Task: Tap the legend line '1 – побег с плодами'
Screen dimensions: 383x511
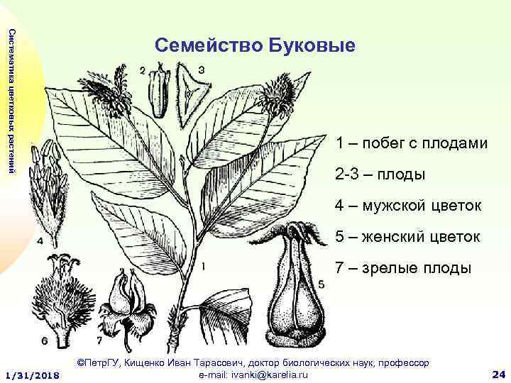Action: coord(412,143)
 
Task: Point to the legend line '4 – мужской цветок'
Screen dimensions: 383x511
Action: coord(410,206)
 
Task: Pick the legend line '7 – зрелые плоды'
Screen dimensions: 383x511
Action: coord(403,268)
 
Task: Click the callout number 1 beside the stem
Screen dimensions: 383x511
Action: coord(204,267)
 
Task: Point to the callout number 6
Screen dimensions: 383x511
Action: coord(45,341)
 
